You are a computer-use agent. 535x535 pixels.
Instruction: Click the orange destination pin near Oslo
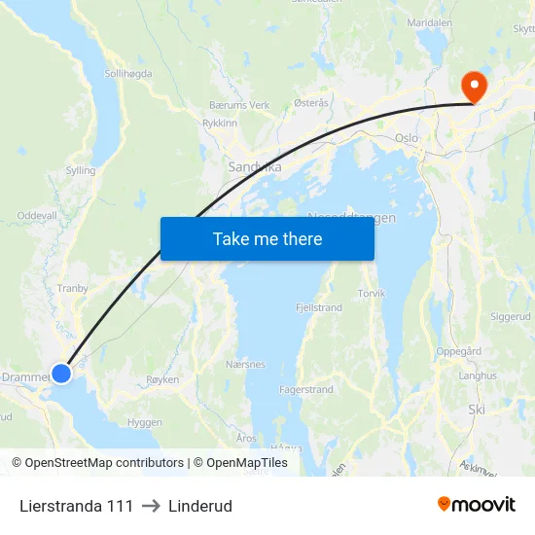coord(475,86)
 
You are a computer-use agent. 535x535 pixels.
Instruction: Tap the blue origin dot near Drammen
coord(61,373)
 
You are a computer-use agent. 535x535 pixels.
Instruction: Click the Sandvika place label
coord(255,166)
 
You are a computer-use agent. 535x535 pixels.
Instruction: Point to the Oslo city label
coord(406,138)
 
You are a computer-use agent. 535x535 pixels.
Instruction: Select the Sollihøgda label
coord(128,73)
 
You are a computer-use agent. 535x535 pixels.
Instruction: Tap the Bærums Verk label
coord(238,105)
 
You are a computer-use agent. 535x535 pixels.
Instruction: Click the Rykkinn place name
coord(219,124)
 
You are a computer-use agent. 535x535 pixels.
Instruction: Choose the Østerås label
coord(310,101)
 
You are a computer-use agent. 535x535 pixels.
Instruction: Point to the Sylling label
coord(80,170)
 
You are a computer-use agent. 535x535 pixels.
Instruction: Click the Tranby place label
coord(73,288)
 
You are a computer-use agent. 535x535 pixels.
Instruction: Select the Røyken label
coord(162,380)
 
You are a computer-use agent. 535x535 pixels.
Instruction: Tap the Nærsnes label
coord(245,365)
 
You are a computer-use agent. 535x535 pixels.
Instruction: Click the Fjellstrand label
coord(319,307)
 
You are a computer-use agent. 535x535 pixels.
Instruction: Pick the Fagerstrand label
coord(306,389)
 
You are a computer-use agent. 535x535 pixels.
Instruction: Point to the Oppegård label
coord(459,352)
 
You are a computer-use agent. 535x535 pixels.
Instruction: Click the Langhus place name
coord(477,375)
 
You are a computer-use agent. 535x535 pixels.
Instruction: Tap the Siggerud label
coord(511,316)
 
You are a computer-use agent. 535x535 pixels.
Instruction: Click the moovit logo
coord(477,504)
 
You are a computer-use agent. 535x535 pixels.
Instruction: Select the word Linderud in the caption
coord(199,506)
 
